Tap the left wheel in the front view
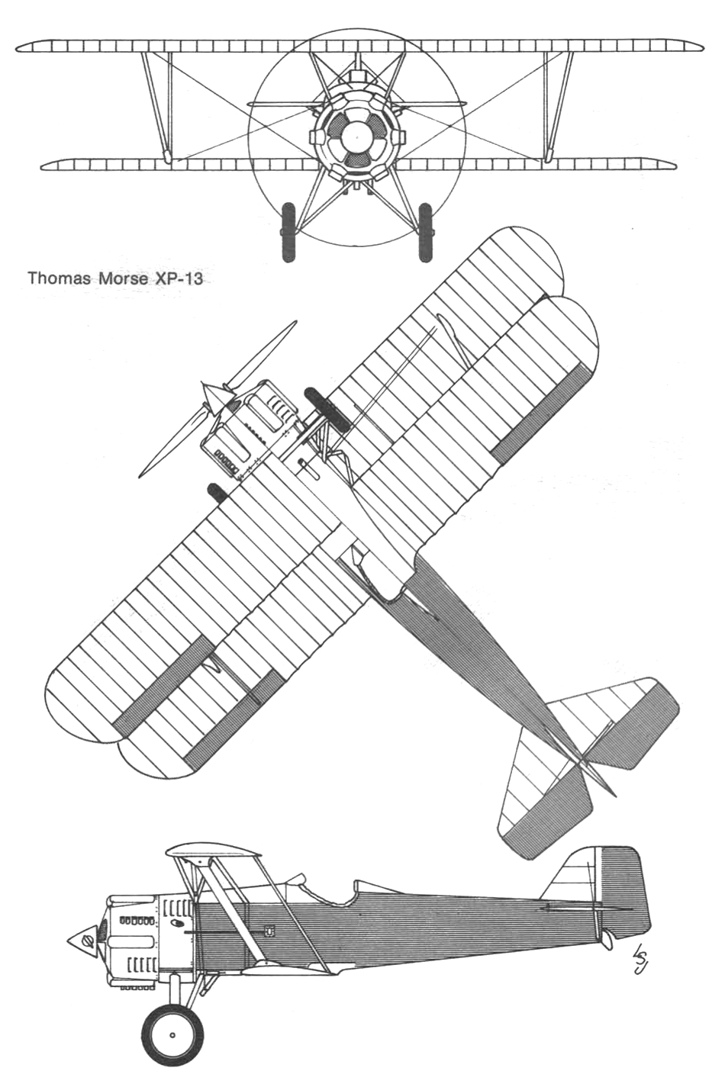coord(288,232)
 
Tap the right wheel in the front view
coord(425,232)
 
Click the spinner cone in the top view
coord(212,394)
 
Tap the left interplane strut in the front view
coord(156,108)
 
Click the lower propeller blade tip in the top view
coord(140,476)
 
